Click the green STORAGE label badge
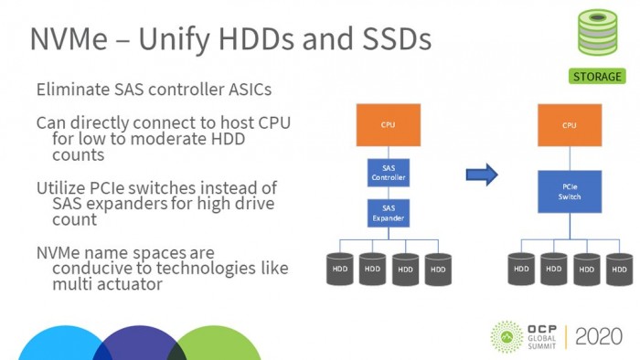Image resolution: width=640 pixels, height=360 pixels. (x=596, y=77)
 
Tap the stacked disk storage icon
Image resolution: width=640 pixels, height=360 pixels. (x=596, y=33)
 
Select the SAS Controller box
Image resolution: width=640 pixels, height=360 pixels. (x=388, y=173)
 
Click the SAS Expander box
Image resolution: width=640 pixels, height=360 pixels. (x=388, y=213)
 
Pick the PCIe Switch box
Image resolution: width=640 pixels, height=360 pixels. (x=570, y=193)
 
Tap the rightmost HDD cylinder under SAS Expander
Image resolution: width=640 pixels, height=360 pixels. (x=438, y=269)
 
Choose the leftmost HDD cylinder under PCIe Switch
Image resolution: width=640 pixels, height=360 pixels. (x=521, y=269)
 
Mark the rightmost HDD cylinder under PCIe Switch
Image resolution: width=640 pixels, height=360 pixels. (x=619, y=269)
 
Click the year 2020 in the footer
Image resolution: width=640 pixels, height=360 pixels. (x=601, y=335)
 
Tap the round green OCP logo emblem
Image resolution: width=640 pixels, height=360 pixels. (x=507, y=335)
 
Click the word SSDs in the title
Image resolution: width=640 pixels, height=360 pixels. (x=394, y=38)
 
